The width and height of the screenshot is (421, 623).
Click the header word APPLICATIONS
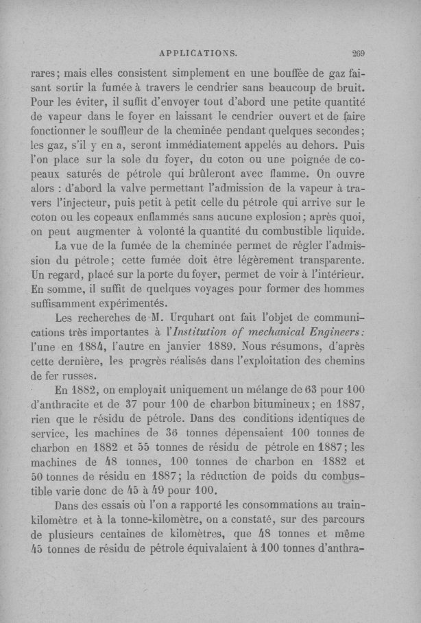pos(197,51)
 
